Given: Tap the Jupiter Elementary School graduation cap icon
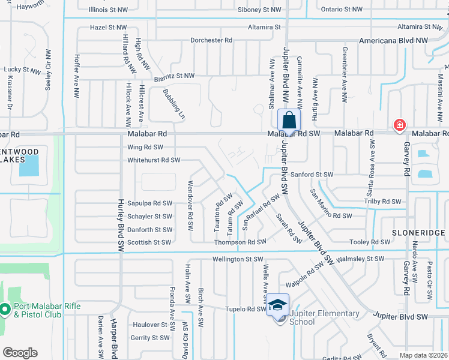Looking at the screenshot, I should [277, 305].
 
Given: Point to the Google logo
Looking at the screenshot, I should [20, 353].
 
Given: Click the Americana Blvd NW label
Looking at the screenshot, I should [393, 40].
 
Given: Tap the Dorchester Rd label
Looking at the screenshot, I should [211, 40].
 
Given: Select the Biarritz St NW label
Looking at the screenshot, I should [173, 76].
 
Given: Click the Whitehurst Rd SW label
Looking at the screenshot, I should [154, 160].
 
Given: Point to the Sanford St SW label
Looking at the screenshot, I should [312, 175].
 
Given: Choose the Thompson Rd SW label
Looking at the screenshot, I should [240, 242].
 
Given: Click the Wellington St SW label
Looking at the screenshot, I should [238, 259].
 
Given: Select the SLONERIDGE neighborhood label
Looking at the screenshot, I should [418, 232].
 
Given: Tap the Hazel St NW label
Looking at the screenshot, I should [108, 28].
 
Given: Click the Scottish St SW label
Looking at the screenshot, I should [149, 242].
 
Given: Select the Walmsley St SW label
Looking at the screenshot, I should [360, 259].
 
